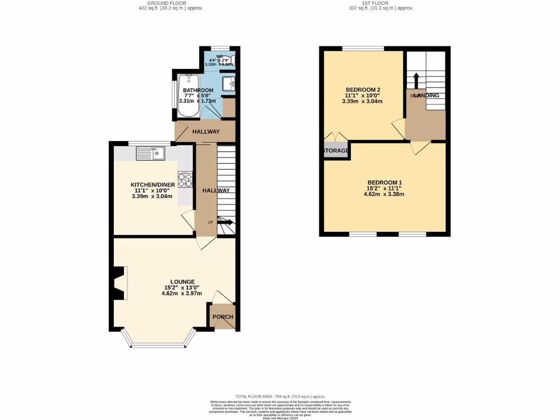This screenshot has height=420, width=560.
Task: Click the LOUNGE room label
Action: click(x=182, y=282)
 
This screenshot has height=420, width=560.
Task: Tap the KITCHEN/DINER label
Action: click(x=153, y=185)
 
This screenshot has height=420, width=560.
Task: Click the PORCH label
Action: click(x=223, y=317)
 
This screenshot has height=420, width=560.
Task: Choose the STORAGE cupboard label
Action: click(x=336, y=150)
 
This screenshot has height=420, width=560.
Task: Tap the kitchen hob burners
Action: click(x=184, y=180)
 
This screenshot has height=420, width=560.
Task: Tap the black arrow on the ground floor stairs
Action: click(x=226, y=222)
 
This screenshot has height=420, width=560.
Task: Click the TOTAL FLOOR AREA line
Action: click(x=280, y=396)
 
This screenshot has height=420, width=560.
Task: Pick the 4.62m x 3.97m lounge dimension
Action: click(x=182, y=294)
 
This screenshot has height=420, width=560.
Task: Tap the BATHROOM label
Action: click(x=198, y=90)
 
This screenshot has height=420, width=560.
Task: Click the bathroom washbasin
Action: click(x=230, y=84)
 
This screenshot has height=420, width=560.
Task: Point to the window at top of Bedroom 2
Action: click(x=363, y=48)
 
